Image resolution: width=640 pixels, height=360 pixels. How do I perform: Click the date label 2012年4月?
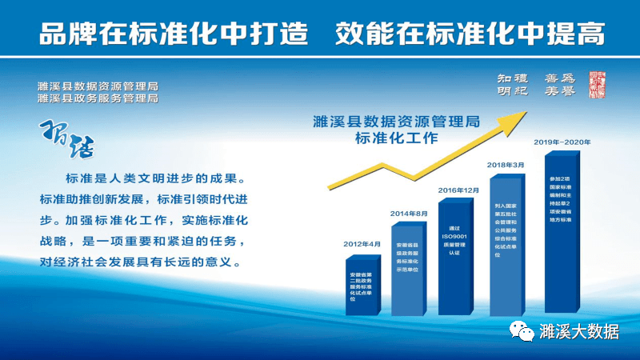364,244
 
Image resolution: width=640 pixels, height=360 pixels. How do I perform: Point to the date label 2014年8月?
410,214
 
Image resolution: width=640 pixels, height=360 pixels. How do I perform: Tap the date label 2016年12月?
458,190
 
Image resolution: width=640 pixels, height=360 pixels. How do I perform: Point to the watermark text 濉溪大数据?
579,331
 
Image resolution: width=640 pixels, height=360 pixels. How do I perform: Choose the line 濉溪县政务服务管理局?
97,98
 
